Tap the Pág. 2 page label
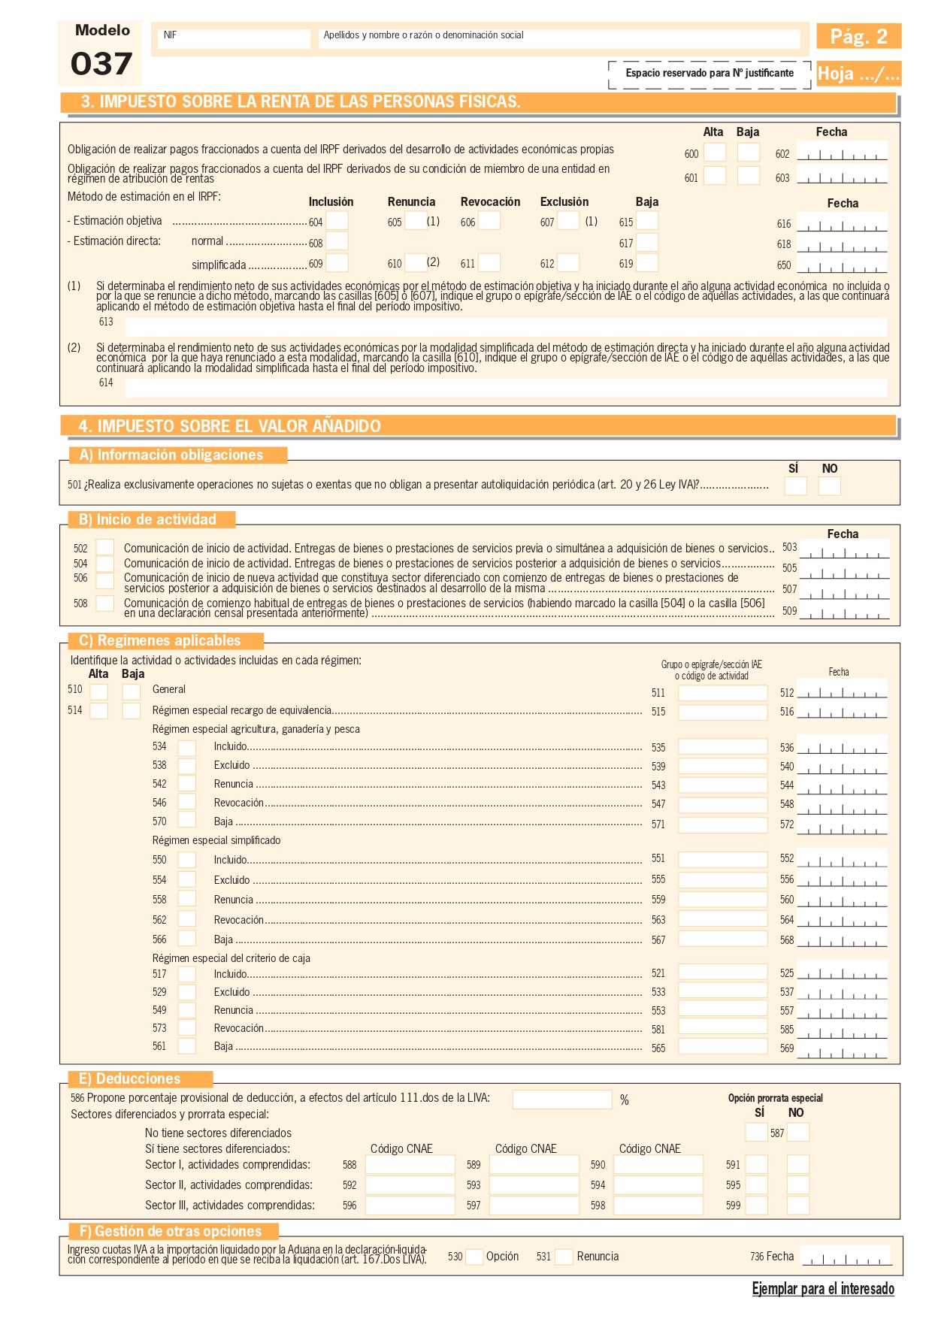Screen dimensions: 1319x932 point(858,36)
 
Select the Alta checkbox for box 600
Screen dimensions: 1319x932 point(714,153)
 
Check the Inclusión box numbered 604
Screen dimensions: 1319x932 point(337,221)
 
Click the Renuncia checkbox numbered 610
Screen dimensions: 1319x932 point(415,263)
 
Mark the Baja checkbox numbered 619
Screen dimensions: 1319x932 point(646,263)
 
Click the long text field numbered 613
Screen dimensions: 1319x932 point(505,327)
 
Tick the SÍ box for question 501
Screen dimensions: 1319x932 point(794,486)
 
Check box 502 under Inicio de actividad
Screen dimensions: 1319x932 point(105,548)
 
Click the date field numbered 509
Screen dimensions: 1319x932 point(844,611)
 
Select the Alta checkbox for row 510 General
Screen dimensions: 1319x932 point(98,691)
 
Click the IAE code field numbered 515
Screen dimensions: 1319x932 point(722,712)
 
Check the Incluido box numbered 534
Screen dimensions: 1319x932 point(186,748)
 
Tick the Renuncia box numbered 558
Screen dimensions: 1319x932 point(186,899)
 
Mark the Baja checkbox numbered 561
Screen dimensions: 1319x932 point(186,1045)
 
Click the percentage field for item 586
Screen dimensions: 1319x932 point(561,1100)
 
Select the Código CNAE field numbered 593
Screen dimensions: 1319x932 point(534,1185)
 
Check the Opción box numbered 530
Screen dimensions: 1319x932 point(474,1257)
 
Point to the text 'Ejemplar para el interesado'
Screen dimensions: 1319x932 point(823,1289)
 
